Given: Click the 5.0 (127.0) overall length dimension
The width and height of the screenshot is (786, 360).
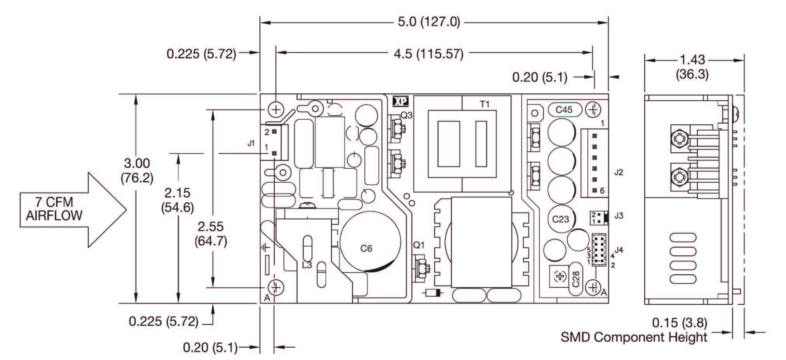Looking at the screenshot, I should [429, 22].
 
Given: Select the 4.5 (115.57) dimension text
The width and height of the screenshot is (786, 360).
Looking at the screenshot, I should [429, 53].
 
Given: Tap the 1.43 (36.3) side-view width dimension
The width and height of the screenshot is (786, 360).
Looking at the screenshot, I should [692, 66].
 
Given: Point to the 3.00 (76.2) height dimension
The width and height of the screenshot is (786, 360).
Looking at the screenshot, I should [137, 170].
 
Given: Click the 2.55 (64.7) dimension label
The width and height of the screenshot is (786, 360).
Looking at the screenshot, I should [211, 234].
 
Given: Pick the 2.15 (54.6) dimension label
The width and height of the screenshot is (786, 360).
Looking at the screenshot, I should [178, 200].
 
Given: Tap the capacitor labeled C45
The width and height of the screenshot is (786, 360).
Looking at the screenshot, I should [564, 110].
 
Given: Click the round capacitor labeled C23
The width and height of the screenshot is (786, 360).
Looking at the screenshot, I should [561, 219].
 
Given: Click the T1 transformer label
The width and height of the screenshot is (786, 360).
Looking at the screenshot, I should [484, 104].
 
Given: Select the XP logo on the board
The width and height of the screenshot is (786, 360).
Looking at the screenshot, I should [401, 101].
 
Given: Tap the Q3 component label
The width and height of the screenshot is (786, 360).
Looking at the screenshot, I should [406, 115].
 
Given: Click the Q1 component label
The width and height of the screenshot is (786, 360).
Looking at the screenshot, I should [419, 245].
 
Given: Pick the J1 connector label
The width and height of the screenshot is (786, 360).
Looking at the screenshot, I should [251, 143].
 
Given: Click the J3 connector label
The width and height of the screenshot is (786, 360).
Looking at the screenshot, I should [619, 215].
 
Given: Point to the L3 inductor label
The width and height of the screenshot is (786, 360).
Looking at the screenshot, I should [307, 266].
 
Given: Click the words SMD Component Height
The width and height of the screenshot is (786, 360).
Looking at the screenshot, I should [634, 337].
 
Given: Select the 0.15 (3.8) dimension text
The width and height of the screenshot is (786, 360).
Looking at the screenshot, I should [679, 323].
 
